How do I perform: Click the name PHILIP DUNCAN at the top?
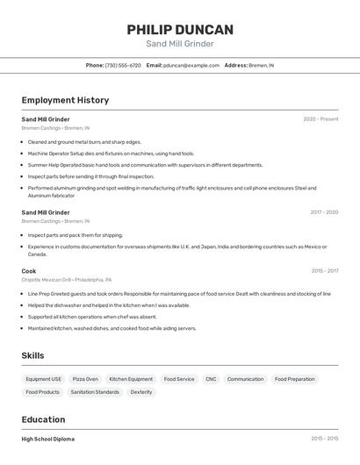180,29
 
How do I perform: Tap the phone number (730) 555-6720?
123,66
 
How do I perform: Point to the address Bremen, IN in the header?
261,66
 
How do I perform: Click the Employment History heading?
65,100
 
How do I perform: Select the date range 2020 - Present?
320,119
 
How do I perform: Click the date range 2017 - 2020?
324,212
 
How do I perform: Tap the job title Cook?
29,271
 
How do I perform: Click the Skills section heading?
33,355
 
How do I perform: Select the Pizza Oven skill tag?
85,379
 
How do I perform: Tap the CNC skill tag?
211,379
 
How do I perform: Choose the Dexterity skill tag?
141,392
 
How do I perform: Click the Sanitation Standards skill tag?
95,392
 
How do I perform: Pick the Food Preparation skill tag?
294,379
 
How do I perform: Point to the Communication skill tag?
245,379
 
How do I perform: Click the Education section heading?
43,419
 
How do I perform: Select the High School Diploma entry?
47,439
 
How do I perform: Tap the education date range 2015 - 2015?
324,439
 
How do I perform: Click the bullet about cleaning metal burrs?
84,141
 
